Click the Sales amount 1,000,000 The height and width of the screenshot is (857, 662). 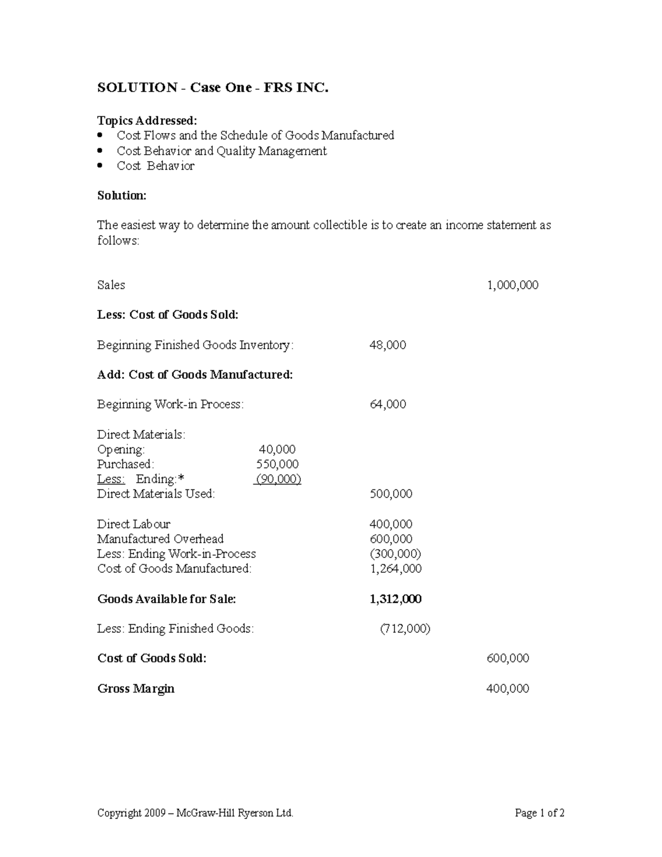(x=512, y=285)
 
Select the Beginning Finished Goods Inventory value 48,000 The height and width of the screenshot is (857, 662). (x=387, y=345)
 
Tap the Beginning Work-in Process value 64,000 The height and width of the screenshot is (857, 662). (x=387, y=404)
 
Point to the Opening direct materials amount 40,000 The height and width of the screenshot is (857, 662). (x=277, y=450)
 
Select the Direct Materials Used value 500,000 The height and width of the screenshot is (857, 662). (x=391, y=494)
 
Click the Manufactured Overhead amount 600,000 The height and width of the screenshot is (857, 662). (x=391, y=539)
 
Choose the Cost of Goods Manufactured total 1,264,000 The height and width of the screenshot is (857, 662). (x=396, y=569)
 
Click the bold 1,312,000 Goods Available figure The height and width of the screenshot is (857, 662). (x=396, y=599)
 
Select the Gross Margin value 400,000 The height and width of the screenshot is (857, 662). (x=508, y=689)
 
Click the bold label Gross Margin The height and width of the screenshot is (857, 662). (x=136, y=689)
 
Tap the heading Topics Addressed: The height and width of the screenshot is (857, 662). (x=147, y=121)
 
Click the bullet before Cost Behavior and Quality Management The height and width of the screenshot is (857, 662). (x=100, y=151)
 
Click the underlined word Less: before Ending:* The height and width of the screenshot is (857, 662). (x=111, y=480)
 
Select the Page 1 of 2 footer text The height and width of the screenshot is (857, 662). (x=539, y=813)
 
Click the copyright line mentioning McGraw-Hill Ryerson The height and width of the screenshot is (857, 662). (x=195, y=813)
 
